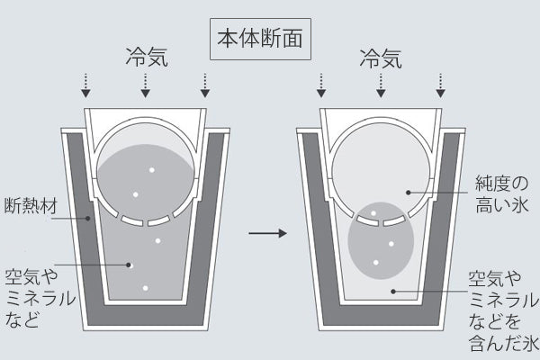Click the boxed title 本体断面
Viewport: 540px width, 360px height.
pyautogui.click(x=260, y=39)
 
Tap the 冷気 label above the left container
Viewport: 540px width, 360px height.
pyautogui.click(x=147, y=57)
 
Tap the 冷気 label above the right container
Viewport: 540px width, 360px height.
pyautogui.click(x=381, y=58)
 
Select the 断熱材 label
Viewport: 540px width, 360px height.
pyautogui.click(x=31, y=206)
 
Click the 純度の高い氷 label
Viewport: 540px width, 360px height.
pyautogui.click(x=502, y=194)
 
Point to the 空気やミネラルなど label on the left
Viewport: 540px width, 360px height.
pyautogui.click(x=40, y=298)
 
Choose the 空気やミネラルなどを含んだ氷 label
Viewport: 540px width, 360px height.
pyautogui.click(x=503, y=311)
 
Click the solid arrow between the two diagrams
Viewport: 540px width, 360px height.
pyautogui.click(x=267, y=233)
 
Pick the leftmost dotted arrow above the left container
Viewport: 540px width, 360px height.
pyautogui.click(x=85, y=85)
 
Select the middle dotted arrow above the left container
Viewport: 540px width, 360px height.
pyautogui.click(x=146, y=85)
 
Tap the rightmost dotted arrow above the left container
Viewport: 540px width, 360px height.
pyautogui.click(x=205, y=85)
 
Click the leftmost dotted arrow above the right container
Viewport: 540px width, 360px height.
pyautogui.click(x=321, y=85)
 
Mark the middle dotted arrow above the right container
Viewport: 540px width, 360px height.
pyautogui.click(x=381, y=85)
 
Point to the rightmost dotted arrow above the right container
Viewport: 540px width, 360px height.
pyautogui.click(x=440, y=85)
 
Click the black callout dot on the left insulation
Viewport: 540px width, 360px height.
pyautogui.click(x=88, y=218)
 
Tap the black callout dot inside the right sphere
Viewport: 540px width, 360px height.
pyautogui.click(x=409, y=193)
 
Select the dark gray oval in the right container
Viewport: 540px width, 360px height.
pyautogui.click(x=381, y=240)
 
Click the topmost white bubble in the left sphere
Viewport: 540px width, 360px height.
pyautogui.click(x=151, y=170)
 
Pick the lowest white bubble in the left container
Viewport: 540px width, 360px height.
pyautogui.click(x=145, y=288)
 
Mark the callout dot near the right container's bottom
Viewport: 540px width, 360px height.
pyautogui.click(x=393, y=292)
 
